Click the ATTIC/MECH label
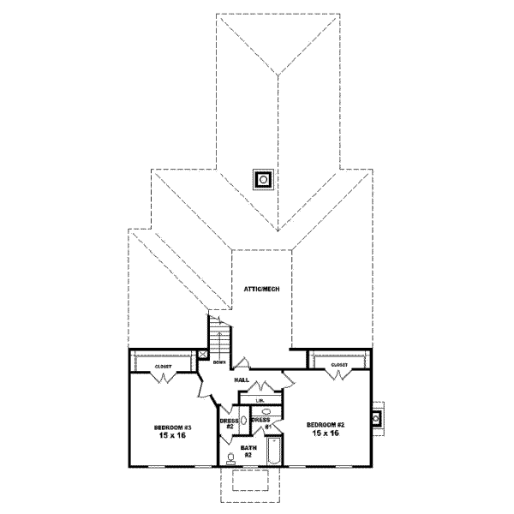coord(262,289)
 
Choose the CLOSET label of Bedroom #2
coord(339,365)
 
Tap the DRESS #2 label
coord(229,422)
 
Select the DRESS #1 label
coord(260,422)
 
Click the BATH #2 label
coord(248,451)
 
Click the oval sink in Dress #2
coord(243,421)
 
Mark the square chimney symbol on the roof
coord(264,179)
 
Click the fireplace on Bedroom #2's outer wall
coord(377,418)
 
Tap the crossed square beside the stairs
coord(202,352)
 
